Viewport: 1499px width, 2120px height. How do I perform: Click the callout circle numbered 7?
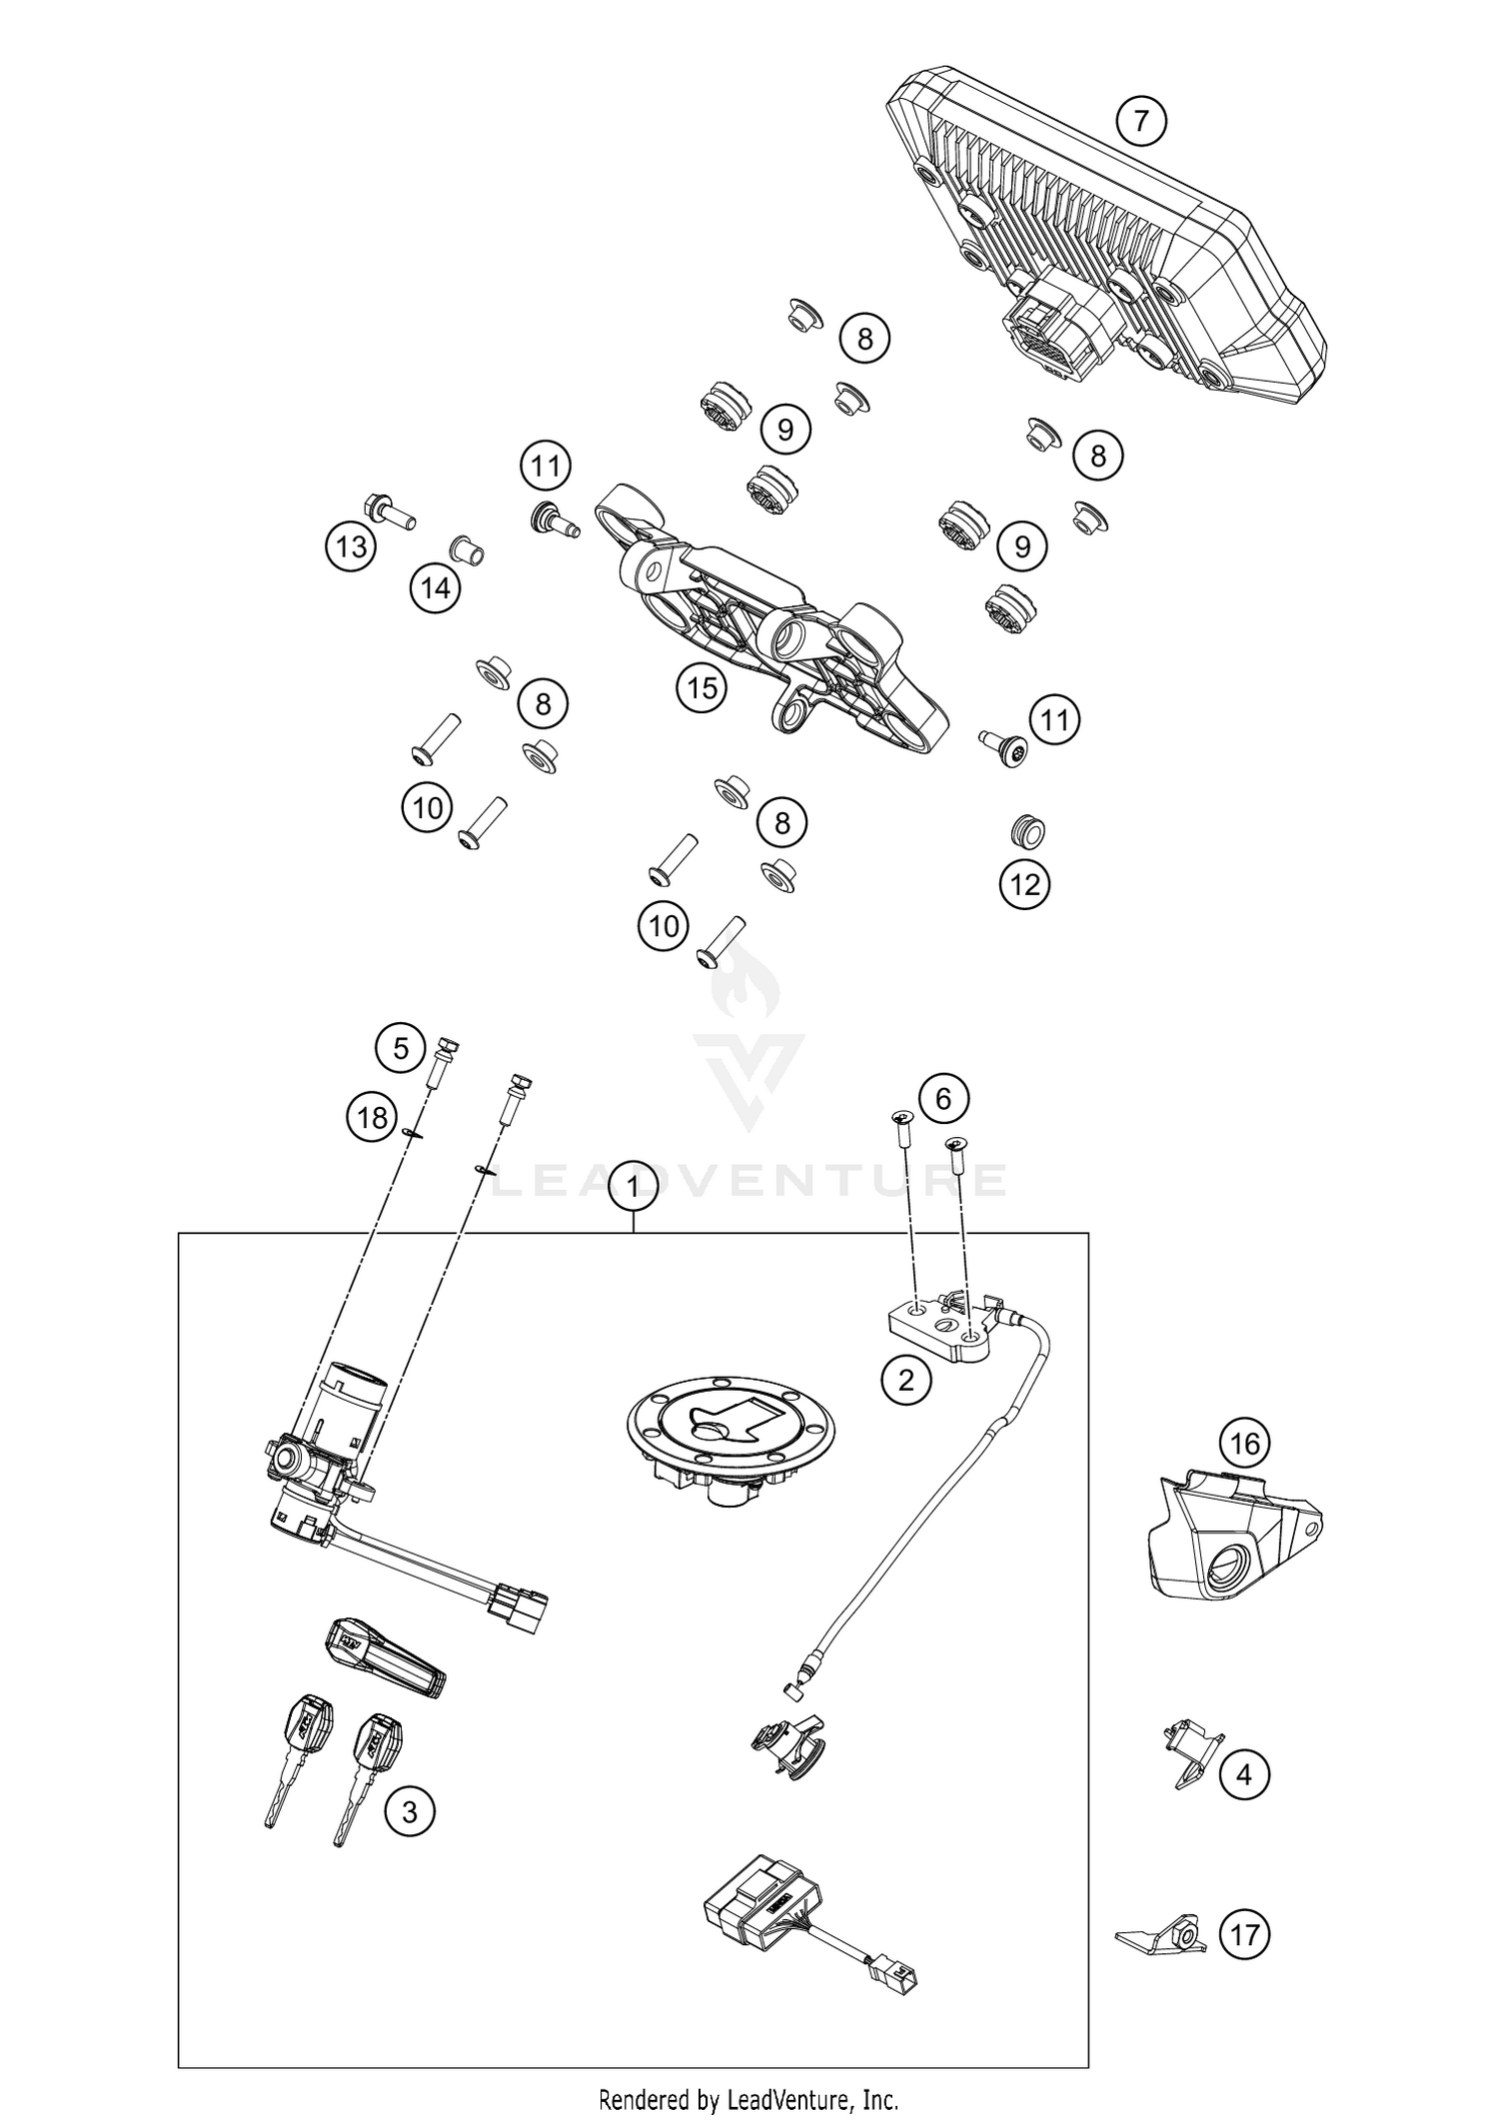point(1141,121)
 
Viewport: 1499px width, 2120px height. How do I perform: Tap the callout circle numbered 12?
point(1025,884)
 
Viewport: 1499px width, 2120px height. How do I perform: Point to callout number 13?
point(351,546)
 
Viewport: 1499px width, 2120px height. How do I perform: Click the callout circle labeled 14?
point(436,588)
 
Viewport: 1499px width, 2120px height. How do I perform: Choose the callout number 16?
point(1244,1443)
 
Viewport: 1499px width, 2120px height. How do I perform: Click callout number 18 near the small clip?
point(372,1117)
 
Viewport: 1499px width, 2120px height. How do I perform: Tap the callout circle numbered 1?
point(634,1186)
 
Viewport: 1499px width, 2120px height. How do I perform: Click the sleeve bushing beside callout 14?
point(465,548)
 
